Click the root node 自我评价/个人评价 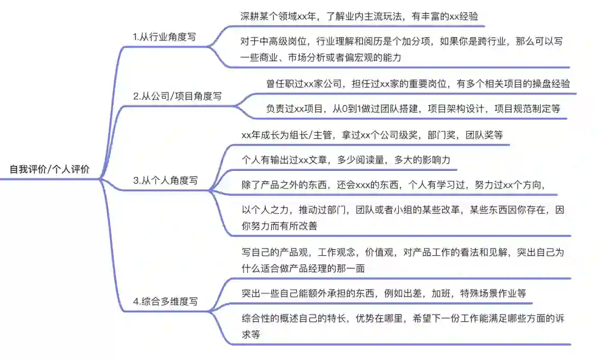click(49, 170)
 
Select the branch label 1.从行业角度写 click(164, 37)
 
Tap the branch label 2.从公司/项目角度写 click(177, 96)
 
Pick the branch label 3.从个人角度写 click(165, 180)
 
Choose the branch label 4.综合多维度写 click(165, 302)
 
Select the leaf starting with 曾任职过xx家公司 click(418, 84)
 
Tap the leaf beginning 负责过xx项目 click(413, 109)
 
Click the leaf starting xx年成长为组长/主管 click(372, 135)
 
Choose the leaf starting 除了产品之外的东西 click(393, 185)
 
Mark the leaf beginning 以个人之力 click(403, 217)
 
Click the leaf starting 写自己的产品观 click(403, 260)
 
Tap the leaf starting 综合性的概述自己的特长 click(403, 326)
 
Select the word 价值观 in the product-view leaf click(378, 252)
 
